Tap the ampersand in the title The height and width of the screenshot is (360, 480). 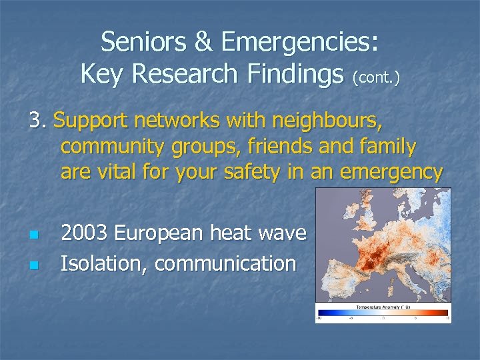(x=201, y=42)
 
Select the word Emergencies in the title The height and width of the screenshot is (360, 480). (x=299, y=43)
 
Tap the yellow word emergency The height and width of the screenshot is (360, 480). (x=391, y=173)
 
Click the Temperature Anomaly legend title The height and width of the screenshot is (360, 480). (x=382, y=307)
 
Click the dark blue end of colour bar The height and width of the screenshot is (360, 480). (x=321, y=313)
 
